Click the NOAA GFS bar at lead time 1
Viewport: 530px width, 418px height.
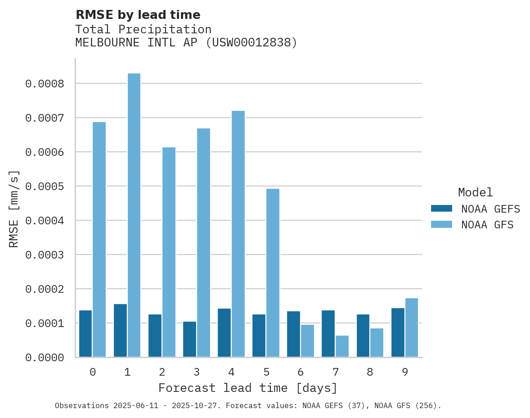click(x=134, y=215)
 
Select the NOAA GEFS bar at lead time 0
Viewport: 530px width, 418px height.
click(x=85, y=333)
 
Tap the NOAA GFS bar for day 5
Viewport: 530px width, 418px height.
click(x=273, y=273)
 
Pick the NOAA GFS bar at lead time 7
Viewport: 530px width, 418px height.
click(x=342, y=346)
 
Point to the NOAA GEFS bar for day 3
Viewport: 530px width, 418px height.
click(x=189, y=339)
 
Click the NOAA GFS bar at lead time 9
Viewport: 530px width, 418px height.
click(x=412, y=327)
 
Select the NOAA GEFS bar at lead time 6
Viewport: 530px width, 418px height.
click(x=294, y=334)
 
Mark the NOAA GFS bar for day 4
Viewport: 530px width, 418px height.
click(x=238, y=234)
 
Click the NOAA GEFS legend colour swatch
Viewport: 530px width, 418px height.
click(x=441, y=209)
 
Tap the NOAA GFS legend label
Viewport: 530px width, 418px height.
click(x=487, y=225)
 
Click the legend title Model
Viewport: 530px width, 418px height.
click(x=476, y=192)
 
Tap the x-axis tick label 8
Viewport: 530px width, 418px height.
click(x=370, y=372)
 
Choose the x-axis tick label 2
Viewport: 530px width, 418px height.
click(x=162, y=372)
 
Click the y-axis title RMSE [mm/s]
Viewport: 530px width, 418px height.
click(x=14, y=209)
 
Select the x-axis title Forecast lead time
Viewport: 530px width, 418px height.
click(x=248, y=388)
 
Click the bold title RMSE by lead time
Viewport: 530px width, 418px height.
click(x=138, y=15)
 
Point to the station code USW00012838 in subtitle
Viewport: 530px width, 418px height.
click(x=252, y=43)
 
